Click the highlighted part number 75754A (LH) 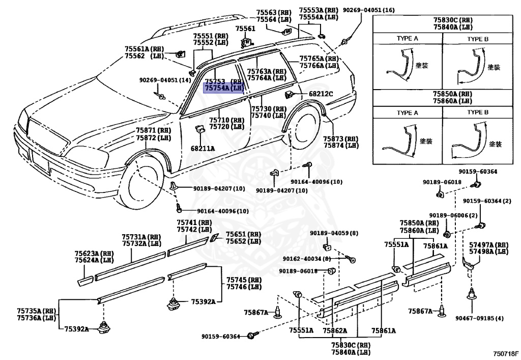(224, 88)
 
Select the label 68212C (321, 94)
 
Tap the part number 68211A (202, 148)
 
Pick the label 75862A (335, 330)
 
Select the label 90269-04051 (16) (369, 10)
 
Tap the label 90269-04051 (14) (165, 80)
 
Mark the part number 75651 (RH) (243, 234)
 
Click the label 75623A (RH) (94, 253)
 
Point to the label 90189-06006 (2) (453, 215)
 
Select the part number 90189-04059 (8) (334, 233)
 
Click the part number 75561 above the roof (246, 29)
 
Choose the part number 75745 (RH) (244, 280)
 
